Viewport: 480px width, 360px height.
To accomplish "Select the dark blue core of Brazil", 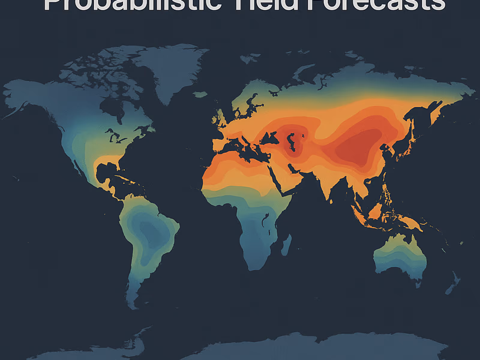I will coord(150,231).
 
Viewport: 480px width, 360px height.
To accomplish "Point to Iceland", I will coord(200,95).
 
